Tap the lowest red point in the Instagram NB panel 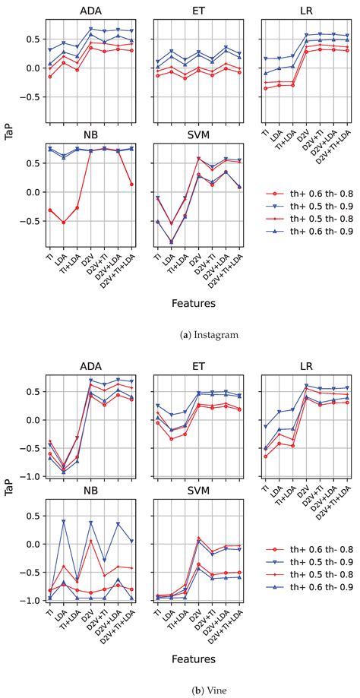click(64, 222)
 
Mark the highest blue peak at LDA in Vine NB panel click(64, 521)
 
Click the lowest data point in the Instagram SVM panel click(172, 242)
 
